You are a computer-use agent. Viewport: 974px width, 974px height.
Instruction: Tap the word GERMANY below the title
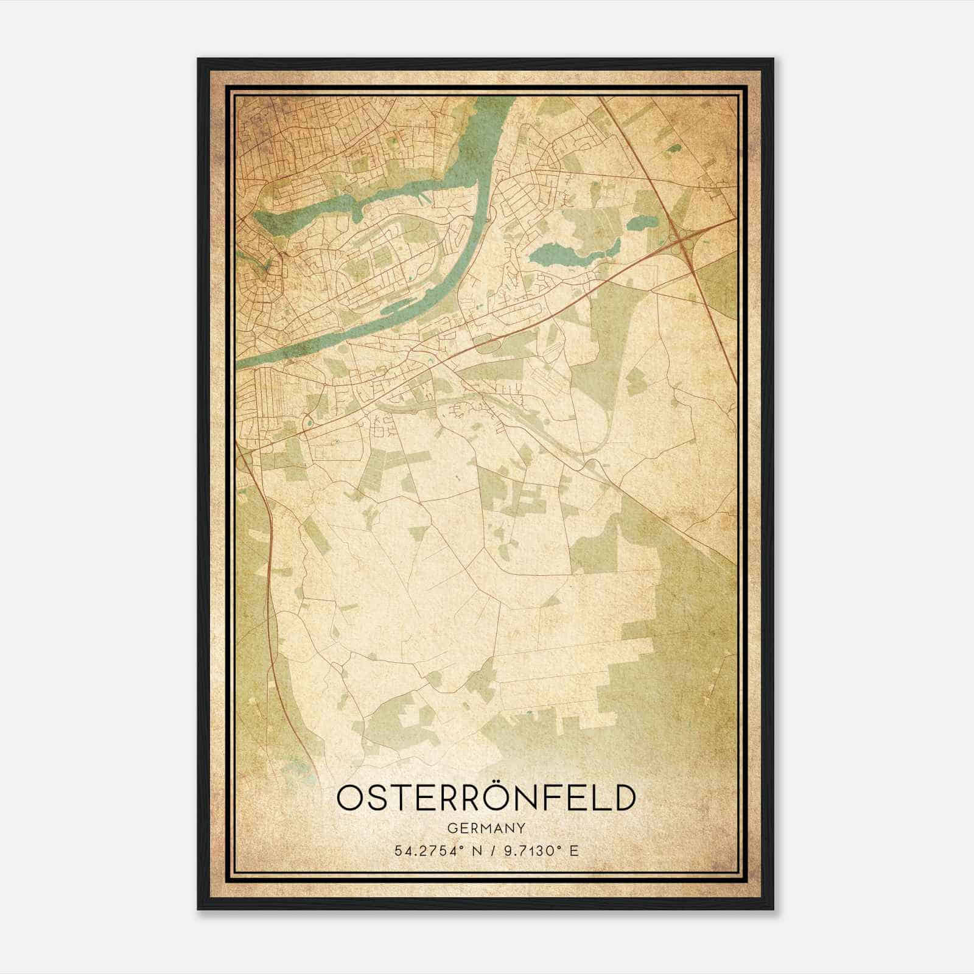point(486,829)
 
